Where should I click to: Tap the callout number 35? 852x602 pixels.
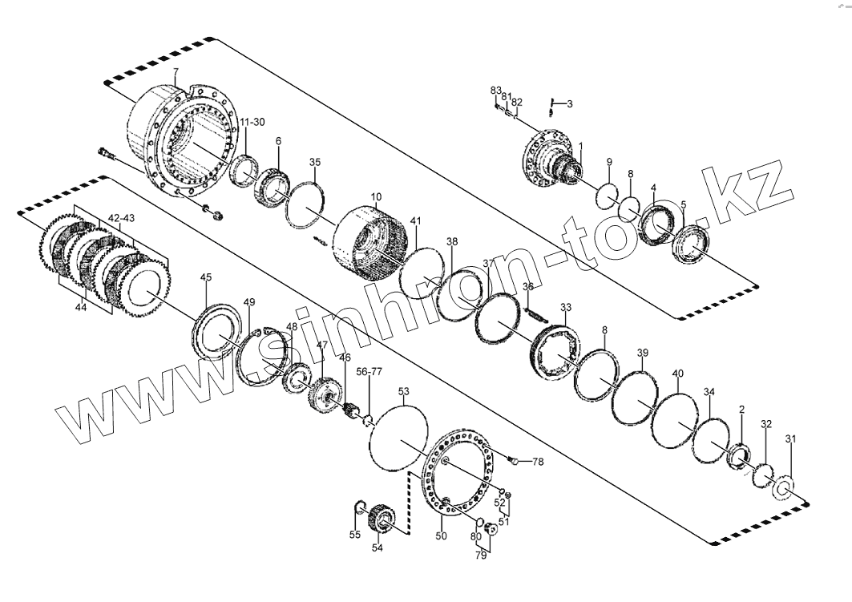click(x=316, y=162)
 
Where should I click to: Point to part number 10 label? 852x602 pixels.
click(x=377, y=196)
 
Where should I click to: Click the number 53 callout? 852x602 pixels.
click(x=403, y=391)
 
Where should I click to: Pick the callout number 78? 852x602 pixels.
click(x=538, y=462)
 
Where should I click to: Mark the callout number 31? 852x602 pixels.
click(x=791, y=438)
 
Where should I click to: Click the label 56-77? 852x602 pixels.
click(x=369, y=372)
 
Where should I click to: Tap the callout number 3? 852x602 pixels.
click(x=569, y=104)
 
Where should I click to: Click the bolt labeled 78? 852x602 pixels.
click(x=515, y=459)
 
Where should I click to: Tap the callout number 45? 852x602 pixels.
click(x=206, y=277)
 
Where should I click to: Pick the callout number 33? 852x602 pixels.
click(x=566, y=307)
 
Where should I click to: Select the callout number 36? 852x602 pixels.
click(x=528, y=287)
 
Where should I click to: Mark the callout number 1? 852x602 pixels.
click(x=580, y=145)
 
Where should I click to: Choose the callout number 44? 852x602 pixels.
click(x=80, y=307)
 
